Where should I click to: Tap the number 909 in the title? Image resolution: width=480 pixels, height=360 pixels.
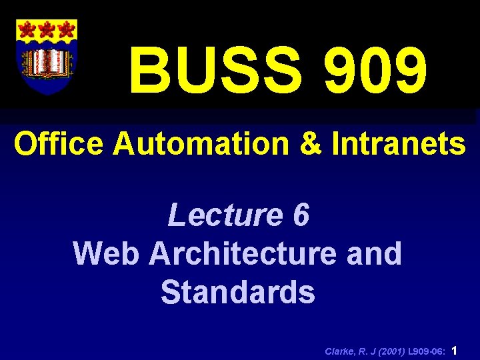coord(375,71)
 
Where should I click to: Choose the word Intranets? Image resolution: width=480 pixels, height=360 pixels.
coord(399,143)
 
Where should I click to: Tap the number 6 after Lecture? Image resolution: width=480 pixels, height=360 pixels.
coord(301,215)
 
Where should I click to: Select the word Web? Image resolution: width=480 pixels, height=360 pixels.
coord(107,253)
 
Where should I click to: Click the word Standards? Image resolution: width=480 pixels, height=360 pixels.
coord(237,292)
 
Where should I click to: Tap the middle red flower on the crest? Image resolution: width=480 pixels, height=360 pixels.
coord(46,29)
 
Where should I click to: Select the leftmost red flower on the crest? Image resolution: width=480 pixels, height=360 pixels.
coord(27,29)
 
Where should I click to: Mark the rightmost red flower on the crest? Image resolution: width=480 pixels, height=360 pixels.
coord(65,29)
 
